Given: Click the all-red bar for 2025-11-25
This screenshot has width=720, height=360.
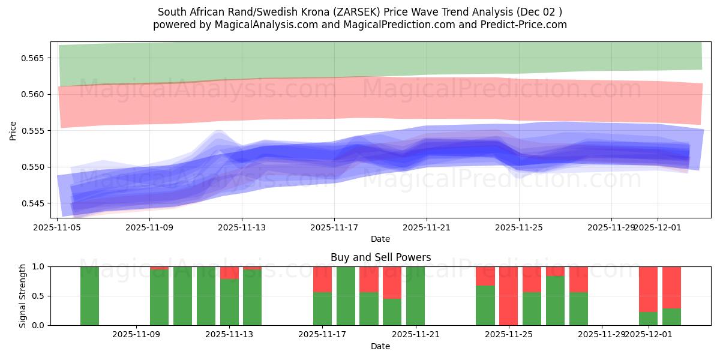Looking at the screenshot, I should pyautogui.click(x=508, y=296).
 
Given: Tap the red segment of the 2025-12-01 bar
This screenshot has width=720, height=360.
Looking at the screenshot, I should pyautogui.click(x=648, y=289).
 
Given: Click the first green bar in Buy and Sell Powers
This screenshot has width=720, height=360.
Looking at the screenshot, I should pyautogui.click(x=89, y=296).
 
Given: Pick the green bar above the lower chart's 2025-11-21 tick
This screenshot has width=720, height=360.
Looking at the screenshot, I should pyautogui.click(x=415, y=296).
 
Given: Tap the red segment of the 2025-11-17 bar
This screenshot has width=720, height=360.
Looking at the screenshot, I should pyautogui.click(x=322, y=279).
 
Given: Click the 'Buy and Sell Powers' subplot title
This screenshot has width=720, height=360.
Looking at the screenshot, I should pyautogui.click(x=380, y=257).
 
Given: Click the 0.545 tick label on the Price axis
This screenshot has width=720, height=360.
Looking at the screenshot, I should pyautogui.click(x=37, y=203).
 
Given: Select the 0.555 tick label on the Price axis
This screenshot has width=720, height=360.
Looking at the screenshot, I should pyautogui.click(x=37, y=131).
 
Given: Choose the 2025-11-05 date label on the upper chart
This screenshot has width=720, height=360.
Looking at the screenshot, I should pyautogui.click(x=58, y=227).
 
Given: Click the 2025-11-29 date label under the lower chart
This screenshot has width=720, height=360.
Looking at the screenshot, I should pyautogui.click(x=601, y=335).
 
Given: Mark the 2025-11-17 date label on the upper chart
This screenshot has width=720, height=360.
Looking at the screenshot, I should pyautogui.click(x=334, y=227).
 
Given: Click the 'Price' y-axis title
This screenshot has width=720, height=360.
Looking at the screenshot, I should pyautogui.click(x=13, y=130).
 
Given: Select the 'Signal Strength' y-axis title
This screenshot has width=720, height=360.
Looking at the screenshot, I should pyautogui.click(x=22, y=296).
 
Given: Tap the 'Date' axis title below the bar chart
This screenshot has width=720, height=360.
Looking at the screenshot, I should pyautogui.click(x=380, y=346).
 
